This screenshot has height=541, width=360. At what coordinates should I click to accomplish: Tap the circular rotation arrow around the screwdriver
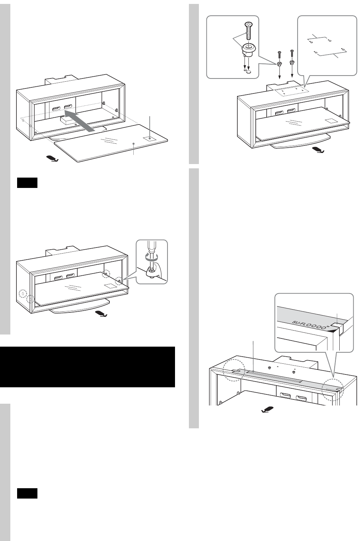151,257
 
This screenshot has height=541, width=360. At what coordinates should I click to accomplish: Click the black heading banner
87,367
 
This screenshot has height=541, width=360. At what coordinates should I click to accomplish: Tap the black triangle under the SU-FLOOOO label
333,331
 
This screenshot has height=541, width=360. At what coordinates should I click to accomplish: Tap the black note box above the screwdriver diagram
27,183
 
